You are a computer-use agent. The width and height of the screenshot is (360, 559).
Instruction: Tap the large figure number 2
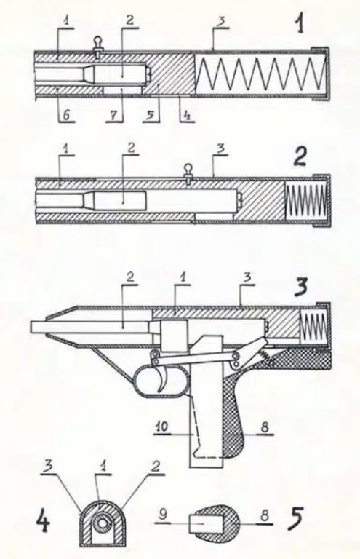[x=300, y=156]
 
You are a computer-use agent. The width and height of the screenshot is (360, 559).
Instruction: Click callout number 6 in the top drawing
[x=65, y=115]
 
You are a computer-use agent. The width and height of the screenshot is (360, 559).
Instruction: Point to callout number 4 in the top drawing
[x=187, y=115]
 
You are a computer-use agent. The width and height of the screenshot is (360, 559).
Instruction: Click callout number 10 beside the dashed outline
[x=162, y=427]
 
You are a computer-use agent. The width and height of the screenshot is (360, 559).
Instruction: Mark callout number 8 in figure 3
[x=265, y=427]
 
